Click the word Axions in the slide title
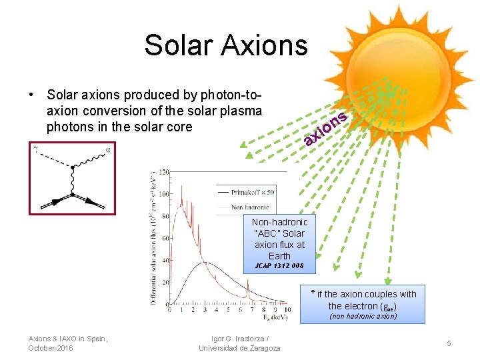coord(266,45)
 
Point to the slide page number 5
coord(449,343)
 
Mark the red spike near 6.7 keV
coord(247,289)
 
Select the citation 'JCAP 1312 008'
coord(279,265)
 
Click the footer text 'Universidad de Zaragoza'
coord(239,348)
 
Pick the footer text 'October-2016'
coord(51,348)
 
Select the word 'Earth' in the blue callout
coord(279,255)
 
